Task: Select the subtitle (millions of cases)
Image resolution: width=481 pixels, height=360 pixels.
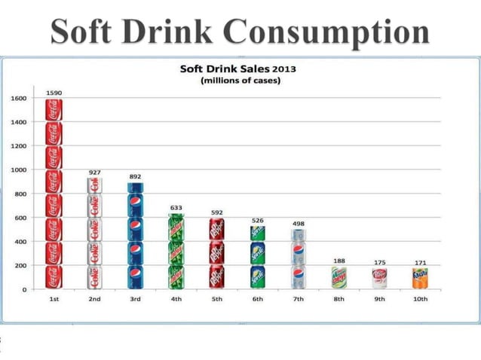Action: point(240,81)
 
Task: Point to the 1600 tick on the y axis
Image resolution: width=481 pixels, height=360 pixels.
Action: point(18,98)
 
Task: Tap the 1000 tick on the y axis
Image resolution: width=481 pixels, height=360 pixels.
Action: point(18,170)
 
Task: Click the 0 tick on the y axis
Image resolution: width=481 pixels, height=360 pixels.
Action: point(24,290)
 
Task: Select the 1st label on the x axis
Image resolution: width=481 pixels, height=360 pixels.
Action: point(54,300)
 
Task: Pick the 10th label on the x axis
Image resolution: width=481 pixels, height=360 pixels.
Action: point(420,300)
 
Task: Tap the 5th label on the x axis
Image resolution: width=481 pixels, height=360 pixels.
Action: point(216,300)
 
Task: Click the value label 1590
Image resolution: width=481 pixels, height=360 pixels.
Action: point(54,92)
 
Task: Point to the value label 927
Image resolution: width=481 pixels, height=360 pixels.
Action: point(95,172)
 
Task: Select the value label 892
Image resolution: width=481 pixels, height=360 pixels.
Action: point(136,176)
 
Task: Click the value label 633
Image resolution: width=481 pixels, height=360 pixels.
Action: point(176,207)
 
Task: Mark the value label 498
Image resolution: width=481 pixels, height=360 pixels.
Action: point(298,224)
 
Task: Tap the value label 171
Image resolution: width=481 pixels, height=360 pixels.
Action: point(420,263)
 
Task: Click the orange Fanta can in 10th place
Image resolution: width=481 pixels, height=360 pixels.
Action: point(420,278)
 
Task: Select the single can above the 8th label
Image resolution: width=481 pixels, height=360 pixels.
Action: point(339,278)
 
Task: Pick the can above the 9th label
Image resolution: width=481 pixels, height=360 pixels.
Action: point(379,278)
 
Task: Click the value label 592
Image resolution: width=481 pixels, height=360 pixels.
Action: point(216,212)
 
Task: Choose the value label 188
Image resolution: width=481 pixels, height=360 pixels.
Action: point(339,261)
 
